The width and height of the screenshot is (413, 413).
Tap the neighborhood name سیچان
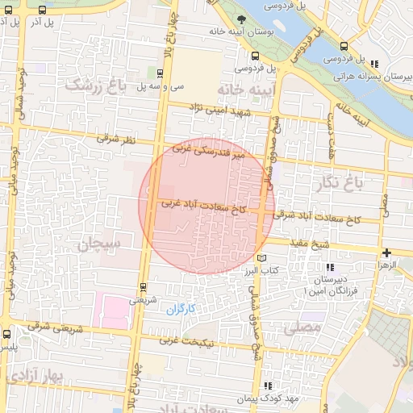click(99, 243)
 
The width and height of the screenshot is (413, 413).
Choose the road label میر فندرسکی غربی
click(220, 154)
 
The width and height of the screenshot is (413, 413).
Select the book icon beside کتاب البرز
click(260, 257)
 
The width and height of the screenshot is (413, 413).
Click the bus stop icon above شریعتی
click(144, 286)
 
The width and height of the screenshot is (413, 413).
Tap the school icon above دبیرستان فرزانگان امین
click(328, 267)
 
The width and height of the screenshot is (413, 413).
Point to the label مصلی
click(302, 328)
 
